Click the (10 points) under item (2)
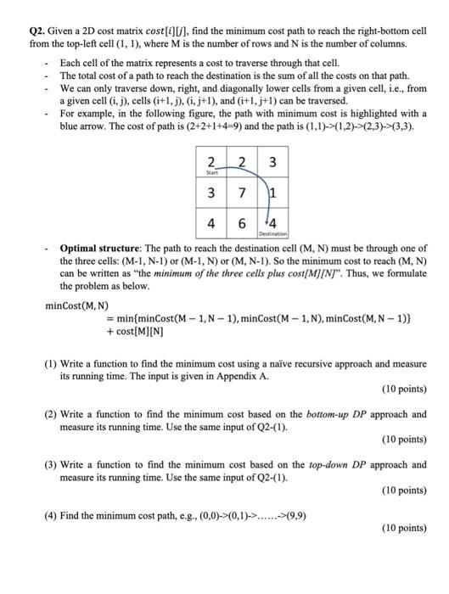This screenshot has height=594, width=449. [x=403, y=440]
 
